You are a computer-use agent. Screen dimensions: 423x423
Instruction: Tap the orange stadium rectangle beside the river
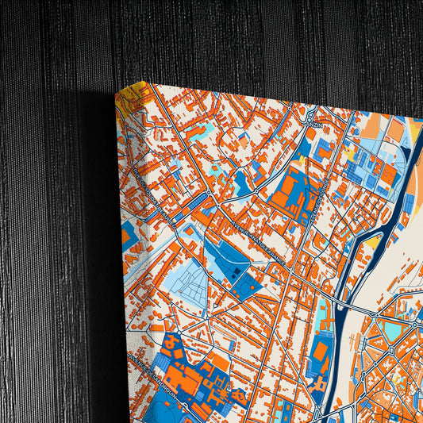(x=321, y=350)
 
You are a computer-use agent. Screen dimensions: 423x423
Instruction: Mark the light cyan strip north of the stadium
(x=323, y=314)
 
